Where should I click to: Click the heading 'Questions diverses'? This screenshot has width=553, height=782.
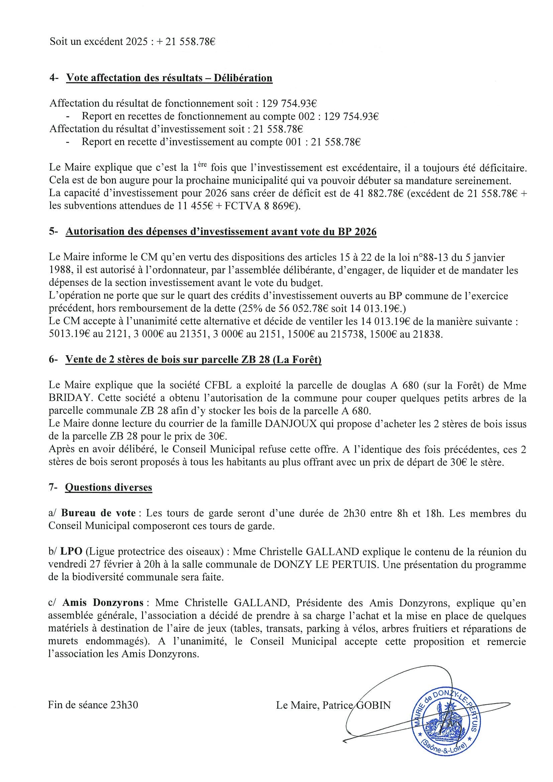[108, 487]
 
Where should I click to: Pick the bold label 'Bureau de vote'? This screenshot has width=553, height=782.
[99, 513]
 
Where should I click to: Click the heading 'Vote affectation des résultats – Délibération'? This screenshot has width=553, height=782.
[169, 78]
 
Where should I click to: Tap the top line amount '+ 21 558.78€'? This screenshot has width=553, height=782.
[186, 42]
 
